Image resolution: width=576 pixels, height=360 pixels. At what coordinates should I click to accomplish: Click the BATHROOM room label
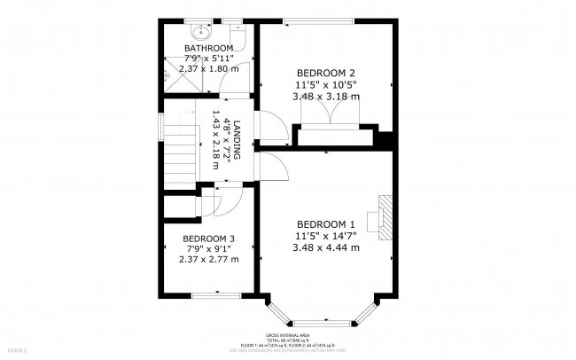point(208,48)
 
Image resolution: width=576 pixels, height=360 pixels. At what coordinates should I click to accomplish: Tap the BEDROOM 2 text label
point(326,73)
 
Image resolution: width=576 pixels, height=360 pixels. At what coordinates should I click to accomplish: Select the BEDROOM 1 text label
point(325,223)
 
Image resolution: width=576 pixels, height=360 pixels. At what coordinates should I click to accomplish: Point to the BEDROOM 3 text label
point(208,239)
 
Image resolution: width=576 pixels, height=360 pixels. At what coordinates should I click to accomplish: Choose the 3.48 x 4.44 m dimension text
point(325,247)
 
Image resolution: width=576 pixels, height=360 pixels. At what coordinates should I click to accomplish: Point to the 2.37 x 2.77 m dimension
point(208,260)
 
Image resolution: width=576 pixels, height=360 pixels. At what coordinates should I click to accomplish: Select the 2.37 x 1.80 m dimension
point(208,69)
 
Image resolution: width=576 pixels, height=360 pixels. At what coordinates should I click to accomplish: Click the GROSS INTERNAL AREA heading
point(289,336)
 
